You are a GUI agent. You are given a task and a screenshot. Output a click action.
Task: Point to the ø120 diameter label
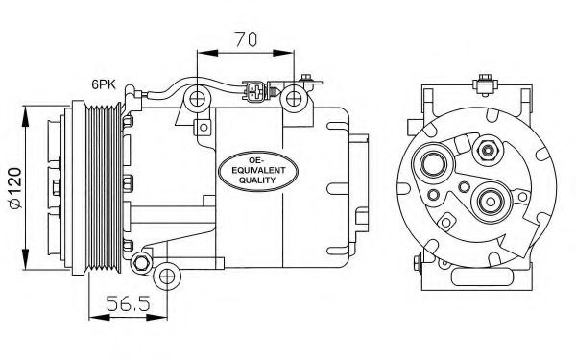(x=12, y=188)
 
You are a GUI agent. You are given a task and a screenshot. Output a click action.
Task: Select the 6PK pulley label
(x=105, y=84)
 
